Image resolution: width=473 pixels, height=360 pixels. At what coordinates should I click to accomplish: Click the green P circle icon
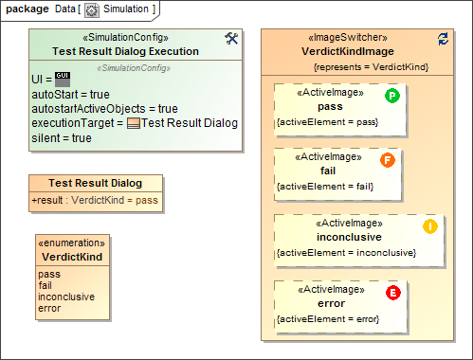391,97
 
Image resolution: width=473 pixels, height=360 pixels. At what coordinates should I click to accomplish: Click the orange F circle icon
387,160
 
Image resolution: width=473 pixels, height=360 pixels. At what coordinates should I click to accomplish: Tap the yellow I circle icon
429,226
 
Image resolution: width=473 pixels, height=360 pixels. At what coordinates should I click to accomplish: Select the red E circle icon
393,293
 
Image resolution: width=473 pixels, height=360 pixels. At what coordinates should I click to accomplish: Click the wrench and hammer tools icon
230,38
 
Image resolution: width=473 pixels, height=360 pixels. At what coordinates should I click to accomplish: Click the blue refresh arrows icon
443,38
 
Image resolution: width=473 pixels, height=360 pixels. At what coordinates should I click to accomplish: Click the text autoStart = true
71,95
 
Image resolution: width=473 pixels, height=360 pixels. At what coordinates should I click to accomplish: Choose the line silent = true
62,137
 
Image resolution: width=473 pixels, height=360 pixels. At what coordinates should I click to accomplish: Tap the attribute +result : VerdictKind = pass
96,200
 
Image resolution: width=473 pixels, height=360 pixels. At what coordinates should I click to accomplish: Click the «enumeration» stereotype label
73,243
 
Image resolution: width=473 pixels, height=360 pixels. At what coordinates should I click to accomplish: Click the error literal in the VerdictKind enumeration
49,307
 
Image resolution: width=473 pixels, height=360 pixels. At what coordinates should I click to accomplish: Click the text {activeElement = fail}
325,187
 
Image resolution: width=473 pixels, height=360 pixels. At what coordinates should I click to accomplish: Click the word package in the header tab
27,9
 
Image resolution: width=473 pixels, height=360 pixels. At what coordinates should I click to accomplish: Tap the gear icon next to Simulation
92,9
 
